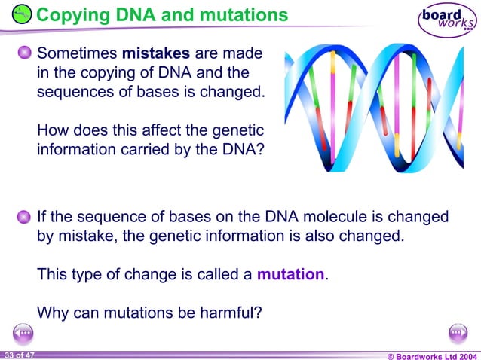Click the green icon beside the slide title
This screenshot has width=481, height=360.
[x=23, y=14]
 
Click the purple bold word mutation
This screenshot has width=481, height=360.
[x=290, y=274]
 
